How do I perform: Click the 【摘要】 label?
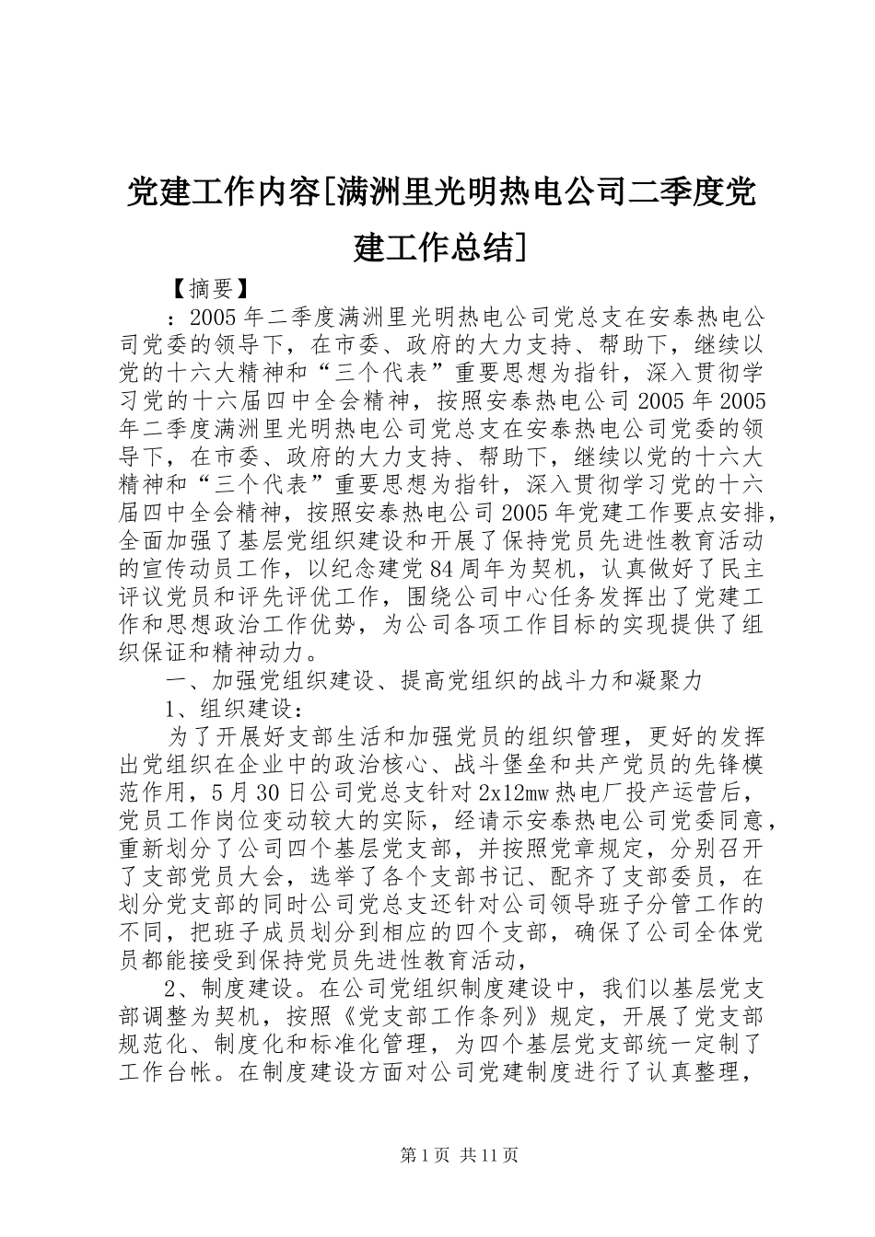(x=209, y=290)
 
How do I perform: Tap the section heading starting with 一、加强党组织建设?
(x=433, y=681)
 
